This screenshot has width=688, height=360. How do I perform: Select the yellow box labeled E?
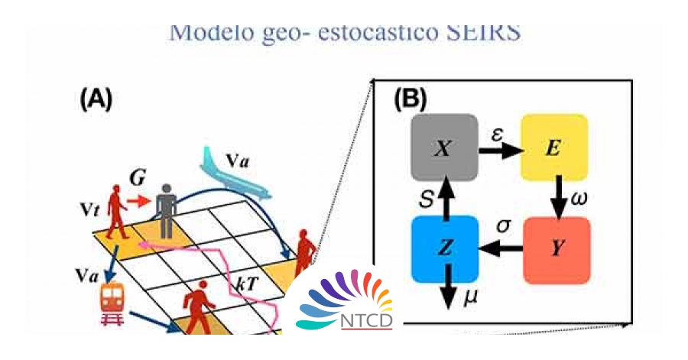pyautogui.click(x=554, y=148)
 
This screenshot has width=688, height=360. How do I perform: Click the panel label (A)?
pyautogui.click(x=96, y=99)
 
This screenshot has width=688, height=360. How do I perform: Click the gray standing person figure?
pyautogui.click(x=166, y=209)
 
